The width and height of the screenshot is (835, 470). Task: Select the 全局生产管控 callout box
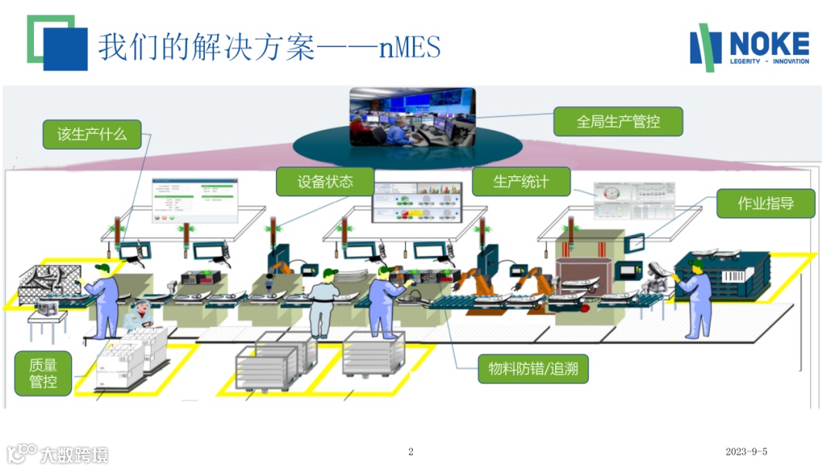click(618, 121)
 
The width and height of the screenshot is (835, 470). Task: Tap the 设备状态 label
click(325, 182)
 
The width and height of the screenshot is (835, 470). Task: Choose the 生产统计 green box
click(521, 182)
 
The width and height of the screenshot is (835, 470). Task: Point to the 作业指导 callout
click(765, 203)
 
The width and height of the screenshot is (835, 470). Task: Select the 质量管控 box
click(43, 373)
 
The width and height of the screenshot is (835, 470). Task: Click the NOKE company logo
click(749, 48)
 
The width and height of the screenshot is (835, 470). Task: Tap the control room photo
click(412, 117)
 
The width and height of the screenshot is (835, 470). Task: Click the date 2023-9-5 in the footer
click(746, 451)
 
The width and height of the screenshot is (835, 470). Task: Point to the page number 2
click(411, 451)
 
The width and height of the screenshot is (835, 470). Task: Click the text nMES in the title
click(409, 48)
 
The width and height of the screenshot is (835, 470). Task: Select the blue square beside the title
click(65, 49)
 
